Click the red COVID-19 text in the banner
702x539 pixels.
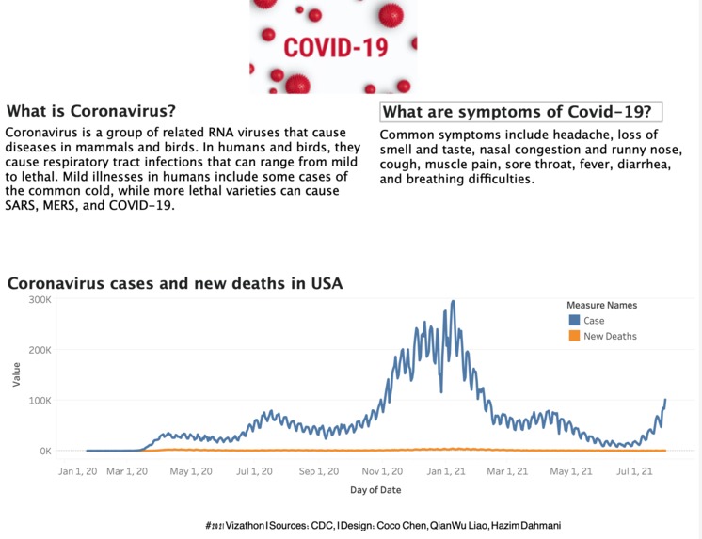coord(333,47)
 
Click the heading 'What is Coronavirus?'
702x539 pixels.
coord(91,110)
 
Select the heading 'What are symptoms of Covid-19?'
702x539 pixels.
coord(520,112)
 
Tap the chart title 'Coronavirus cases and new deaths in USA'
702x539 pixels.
coord(175,282)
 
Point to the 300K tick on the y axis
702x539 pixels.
coord(39,299)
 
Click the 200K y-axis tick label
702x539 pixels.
coord(39,350)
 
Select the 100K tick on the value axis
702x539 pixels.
coord(39,401)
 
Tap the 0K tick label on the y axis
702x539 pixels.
coord(43,452)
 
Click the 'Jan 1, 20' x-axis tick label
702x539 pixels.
coord(77,470)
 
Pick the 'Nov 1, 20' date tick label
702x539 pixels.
coord(383,470)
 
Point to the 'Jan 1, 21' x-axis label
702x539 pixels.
coord(442,470)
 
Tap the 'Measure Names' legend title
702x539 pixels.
coord(601,306)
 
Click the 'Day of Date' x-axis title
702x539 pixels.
coord(376,490)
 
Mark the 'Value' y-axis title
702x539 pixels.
coord(15,375)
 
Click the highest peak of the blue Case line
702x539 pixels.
coord(454,302)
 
